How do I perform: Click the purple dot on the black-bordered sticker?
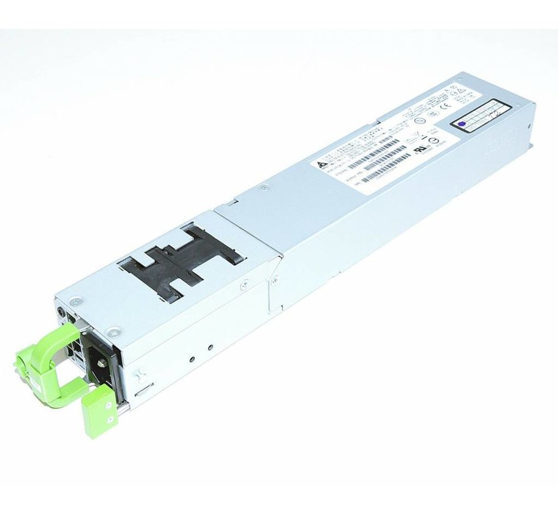coord(462,125)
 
